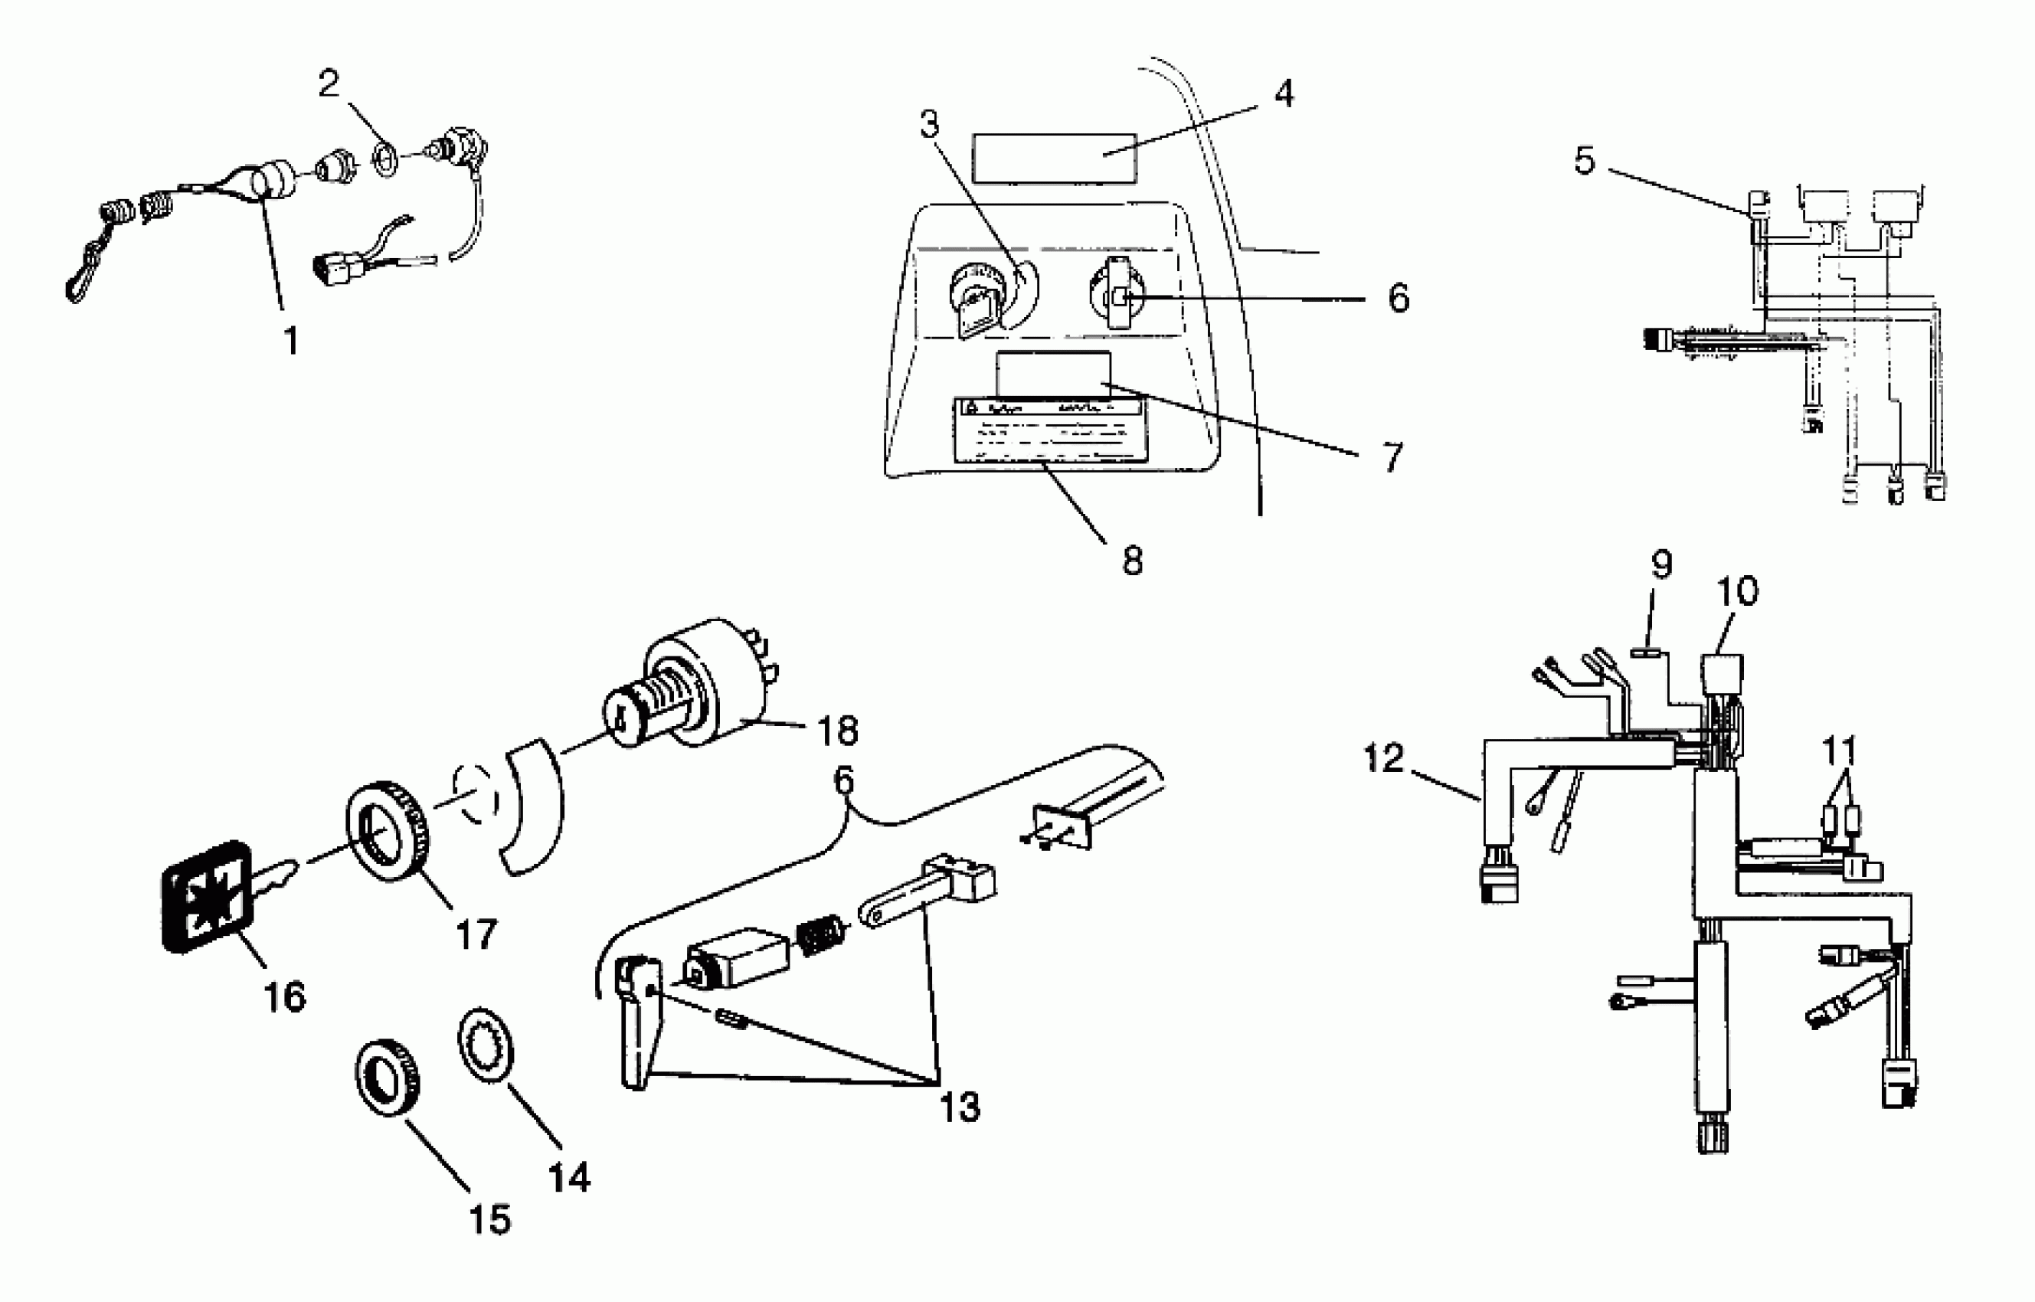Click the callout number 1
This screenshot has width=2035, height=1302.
[x=291, y=341]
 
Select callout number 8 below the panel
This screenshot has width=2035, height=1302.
[x=1132, y=560]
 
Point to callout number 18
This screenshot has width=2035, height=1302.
[x=837, y=731]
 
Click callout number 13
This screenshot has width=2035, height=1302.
[x=960, y=1107]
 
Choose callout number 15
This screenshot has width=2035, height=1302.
[x=489, y=1219]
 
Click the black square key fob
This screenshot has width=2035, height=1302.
[x=205, y=896]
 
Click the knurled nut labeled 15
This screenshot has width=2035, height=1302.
[x=388, y=1075]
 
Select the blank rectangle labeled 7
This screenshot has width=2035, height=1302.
[x=1053, y=374]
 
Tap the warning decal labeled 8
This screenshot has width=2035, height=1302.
[x=1049, y=431]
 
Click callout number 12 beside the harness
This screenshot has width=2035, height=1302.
[x=1383, y=758]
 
